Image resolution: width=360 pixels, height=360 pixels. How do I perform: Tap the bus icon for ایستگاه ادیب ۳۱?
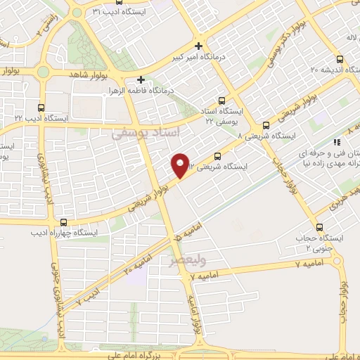point(98,11)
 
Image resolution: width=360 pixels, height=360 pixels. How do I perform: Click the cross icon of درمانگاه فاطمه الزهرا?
point(141,79)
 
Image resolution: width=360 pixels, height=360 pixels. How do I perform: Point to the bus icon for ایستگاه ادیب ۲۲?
point(41,108)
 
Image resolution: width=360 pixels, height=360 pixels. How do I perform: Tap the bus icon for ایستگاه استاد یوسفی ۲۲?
point(222,101)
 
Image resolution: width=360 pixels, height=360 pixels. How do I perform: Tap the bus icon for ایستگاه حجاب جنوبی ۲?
point(320,227)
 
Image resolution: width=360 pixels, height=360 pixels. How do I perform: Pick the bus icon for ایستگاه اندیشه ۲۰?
point(340,58)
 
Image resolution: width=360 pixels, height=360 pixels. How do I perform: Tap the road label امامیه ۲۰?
point(139,261)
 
